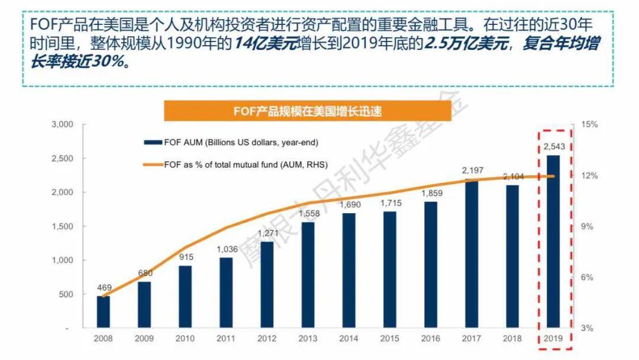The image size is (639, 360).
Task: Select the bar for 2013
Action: (308, 275)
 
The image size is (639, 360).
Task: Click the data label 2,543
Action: (553, 147)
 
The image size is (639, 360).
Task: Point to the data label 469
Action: (104, 288)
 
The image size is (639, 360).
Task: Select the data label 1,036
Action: (227, 249)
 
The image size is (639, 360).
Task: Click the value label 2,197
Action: (472, 171)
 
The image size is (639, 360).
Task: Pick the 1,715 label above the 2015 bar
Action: (390, 203)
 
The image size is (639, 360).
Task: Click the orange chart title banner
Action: (307, 110)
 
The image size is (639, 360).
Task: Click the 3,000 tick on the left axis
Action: (62, 125)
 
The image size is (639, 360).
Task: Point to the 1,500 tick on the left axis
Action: (62, 227)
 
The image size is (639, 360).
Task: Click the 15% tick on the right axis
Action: (590, 125)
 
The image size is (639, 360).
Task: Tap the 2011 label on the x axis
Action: (227, 339)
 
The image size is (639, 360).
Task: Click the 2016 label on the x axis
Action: (431, 339)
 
